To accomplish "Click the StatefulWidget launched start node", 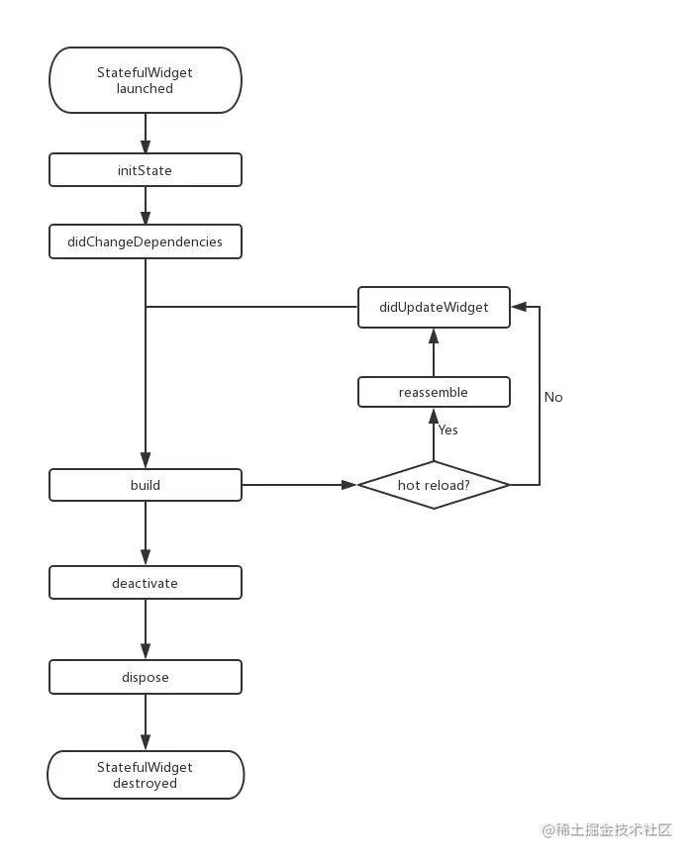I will pyautogui.click(x=146, y=80).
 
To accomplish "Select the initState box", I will pyautogui.click(x=146, y=170).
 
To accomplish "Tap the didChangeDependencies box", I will pyautogui.click(x=146, y=241).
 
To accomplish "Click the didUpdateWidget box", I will pyautogui.click(x=434, y=307).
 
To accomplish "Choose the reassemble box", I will pyautogui.click(x=434, y=392).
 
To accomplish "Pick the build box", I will pyautogui.click(x=146, y=485).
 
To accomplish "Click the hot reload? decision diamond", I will pyautogui.click(x=434, y=485).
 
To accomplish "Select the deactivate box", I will pyautogui.click(x=146, y=583).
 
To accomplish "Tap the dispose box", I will pyautogui.click(x=146, y=677).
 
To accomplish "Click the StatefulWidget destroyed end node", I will pyautogui.click(x=146, y=775).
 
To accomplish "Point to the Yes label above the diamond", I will pyautogui.click(x=448, y=430).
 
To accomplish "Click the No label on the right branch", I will pyautogui.click(x=553, y=397).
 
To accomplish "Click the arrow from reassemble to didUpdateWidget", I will pyautogui.click(x=434, y=351).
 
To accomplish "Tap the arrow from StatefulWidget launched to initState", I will pyautogui.click(x=146, y=134).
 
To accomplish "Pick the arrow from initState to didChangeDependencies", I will pyautogui.click(x=146, y=206).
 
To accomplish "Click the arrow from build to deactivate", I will pyautogui.click(x=146, y=533).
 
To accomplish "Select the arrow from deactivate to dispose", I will pyautogui.click(x=146, y=628).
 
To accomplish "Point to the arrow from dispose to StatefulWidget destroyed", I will pyautogui.click(x=146, y=721).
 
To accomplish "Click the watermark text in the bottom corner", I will pyautogui.click(x=607, y=830).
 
